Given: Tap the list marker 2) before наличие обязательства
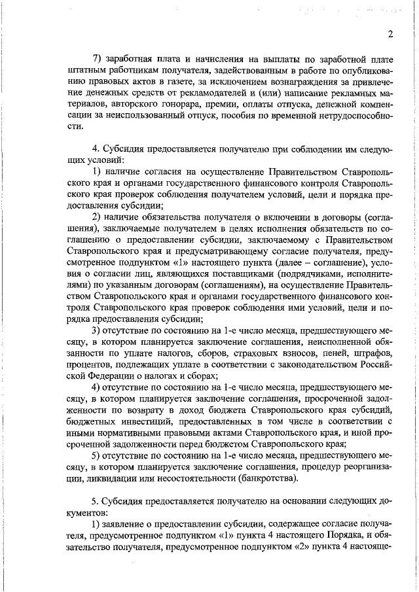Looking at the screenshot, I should coord(96,217).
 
